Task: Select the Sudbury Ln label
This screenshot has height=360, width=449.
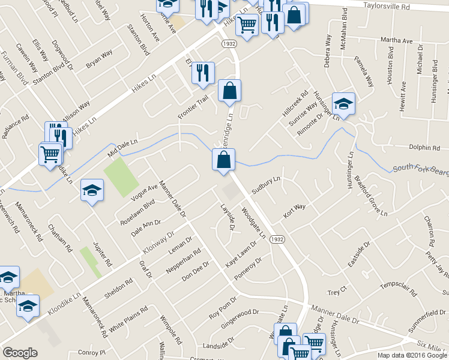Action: click(266, 185)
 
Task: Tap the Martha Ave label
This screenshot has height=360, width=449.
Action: click(400, 40)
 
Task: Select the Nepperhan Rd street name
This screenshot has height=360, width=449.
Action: click(185, 259)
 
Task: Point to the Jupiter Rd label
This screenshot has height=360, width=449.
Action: click(103, 254)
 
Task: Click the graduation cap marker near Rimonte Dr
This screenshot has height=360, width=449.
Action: click(343, 104)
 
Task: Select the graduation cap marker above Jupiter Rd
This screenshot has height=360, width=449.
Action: click(92, 191)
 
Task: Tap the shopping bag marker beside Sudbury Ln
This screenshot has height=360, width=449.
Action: click(223, 160)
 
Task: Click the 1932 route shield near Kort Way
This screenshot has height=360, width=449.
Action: click(277, 239)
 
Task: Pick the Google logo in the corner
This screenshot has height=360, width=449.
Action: click(20, 353)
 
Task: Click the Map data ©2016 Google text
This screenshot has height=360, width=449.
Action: click(412, 355)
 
